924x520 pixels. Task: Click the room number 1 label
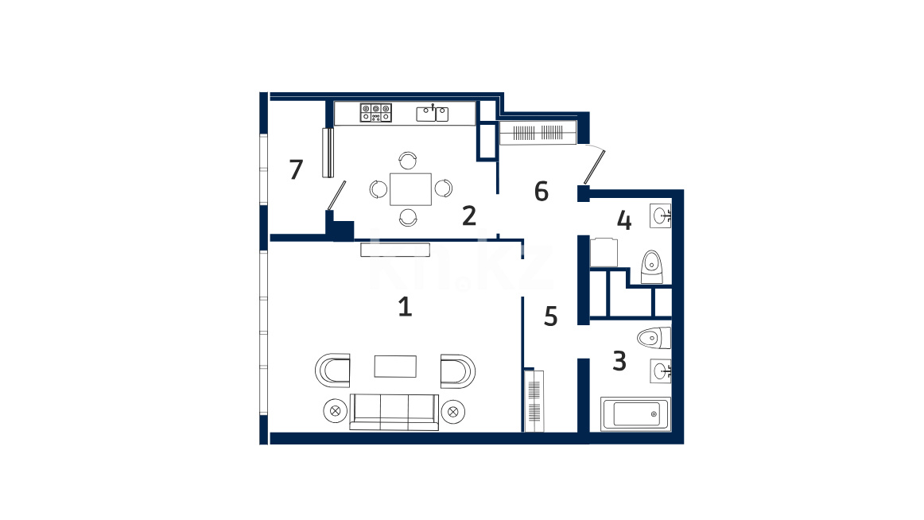(x=405, y=307)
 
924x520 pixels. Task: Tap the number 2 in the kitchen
(x=469, y=216)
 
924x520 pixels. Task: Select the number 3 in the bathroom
(x=619, y=361)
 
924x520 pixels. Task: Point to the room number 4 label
(x=624, y=220)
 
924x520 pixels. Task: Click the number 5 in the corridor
(x=550, y=316)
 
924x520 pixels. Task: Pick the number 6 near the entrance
(x=542, y=192)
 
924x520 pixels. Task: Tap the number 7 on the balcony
(x=296, y=169)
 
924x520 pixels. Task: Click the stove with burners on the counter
(x=376, y=112)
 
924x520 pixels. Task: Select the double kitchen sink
(x=433, y=113)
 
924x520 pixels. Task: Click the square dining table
(x=411, y=189)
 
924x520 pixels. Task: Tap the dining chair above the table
(x=408, y=160)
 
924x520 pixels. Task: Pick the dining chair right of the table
(x=444, y=188)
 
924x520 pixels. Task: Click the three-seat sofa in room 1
(x=394, y=412)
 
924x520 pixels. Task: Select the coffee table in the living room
(x=395, y=367)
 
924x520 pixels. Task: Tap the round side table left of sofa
(x=336, y=411)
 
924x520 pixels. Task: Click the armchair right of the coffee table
(x=458, y=371)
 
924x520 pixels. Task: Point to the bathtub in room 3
(x=636, y=414)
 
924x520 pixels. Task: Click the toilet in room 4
(x=651, y=267)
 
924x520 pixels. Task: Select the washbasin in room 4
(x=661, y=215)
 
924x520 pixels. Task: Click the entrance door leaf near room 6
(x=594, y=167)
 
